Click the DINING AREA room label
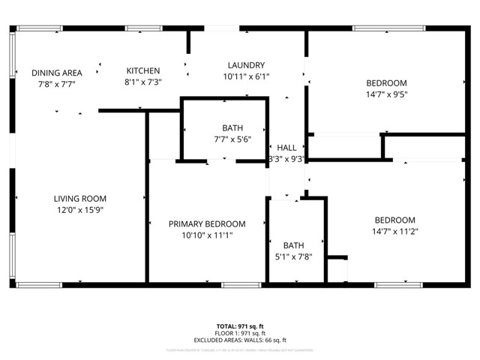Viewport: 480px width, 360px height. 56,73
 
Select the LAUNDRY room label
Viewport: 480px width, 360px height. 246,65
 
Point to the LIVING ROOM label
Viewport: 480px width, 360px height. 78,199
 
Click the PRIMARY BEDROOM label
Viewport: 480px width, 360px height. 206,223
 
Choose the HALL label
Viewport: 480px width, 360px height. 286,148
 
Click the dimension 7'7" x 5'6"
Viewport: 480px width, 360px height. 232,139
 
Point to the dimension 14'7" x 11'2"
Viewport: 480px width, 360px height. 395,231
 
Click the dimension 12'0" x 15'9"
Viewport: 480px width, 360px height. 78,210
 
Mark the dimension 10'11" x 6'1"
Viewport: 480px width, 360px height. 246,76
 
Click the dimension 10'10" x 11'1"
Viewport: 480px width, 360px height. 206,235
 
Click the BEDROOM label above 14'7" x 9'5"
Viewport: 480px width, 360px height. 386,82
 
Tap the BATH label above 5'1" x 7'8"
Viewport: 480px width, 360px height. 293,245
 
